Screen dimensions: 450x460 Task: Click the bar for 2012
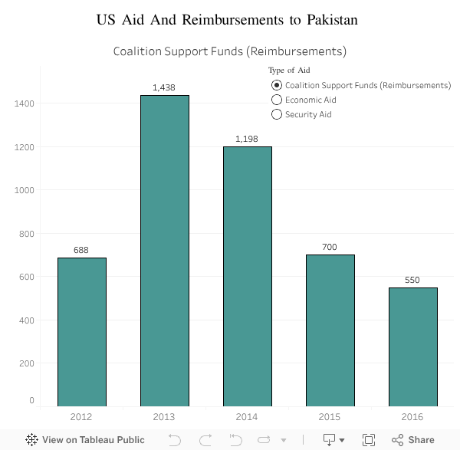pos(82,331)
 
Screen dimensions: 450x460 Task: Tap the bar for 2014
pos(248,276)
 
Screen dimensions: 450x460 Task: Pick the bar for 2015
pos(330,330)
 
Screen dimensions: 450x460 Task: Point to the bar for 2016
pos(412,347)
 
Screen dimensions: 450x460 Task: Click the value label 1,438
pos(164,87)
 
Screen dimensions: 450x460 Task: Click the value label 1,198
pos(247,139)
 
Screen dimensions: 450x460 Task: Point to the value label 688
pos(82,250)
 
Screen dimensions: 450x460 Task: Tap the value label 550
pos(412,280)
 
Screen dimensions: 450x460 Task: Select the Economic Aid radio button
pos(277,100)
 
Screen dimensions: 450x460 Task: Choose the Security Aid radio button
pos(277,114)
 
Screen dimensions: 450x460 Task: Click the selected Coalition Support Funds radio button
pos(277,85)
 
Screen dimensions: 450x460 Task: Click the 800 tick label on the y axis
pos(25,233)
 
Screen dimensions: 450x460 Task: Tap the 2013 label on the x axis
pos(164,416)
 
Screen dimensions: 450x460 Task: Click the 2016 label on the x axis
pos(412,416)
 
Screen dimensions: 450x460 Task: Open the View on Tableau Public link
pos(85,440)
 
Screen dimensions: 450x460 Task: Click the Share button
pos(413,440)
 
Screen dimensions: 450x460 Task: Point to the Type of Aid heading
pos(289,71)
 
